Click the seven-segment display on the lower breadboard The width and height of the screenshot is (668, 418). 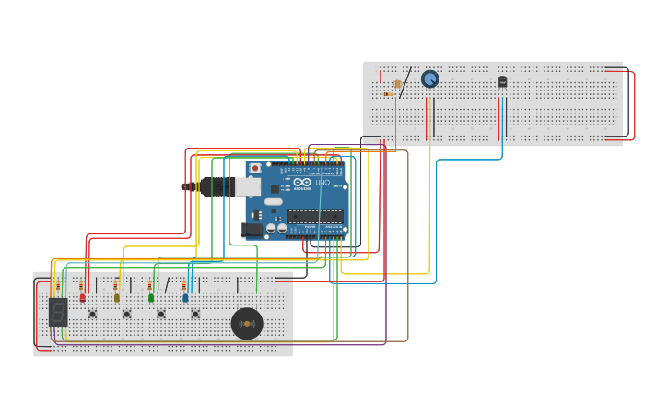58,311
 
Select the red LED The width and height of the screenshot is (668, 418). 82,297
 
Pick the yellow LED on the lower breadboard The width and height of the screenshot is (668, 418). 116,297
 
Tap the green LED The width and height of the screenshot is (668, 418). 151,297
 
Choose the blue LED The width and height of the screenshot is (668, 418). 185,297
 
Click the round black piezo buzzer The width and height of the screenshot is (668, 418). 247,323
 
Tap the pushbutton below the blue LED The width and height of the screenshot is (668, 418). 195,314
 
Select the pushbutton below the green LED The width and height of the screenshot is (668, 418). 161,314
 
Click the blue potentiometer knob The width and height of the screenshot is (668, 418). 429,79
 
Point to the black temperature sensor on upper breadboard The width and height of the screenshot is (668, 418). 502,81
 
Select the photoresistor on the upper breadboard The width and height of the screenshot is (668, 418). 397,84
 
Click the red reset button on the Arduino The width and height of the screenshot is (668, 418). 255,169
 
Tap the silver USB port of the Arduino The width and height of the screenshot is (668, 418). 247,187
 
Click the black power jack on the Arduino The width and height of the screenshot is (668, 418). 251,230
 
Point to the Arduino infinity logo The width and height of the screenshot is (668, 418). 302,183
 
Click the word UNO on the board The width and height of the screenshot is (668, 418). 322,183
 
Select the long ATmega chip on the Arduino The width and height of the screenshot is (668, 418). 315,216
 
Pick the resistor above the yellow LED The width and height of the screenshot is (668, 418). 116,284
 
